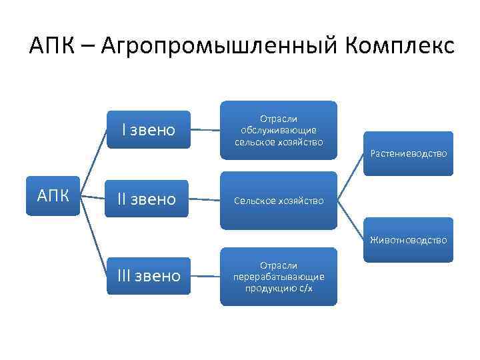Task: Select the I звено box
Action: point(148,130)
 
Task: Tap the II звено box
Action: point(148,198)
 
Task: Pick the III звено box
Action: point(148,275)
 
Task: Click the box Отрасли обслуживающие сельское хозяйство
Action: point(279,130)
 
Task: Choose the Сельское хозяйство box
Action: point(279,201)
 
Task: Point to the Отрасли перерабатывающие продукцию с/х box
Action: point(279,276)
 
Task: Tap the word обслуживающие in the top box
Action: point(279,130)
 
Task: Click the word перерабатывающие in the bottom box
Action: point(279,276)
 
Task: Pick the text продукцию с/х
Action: point(279,287)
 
